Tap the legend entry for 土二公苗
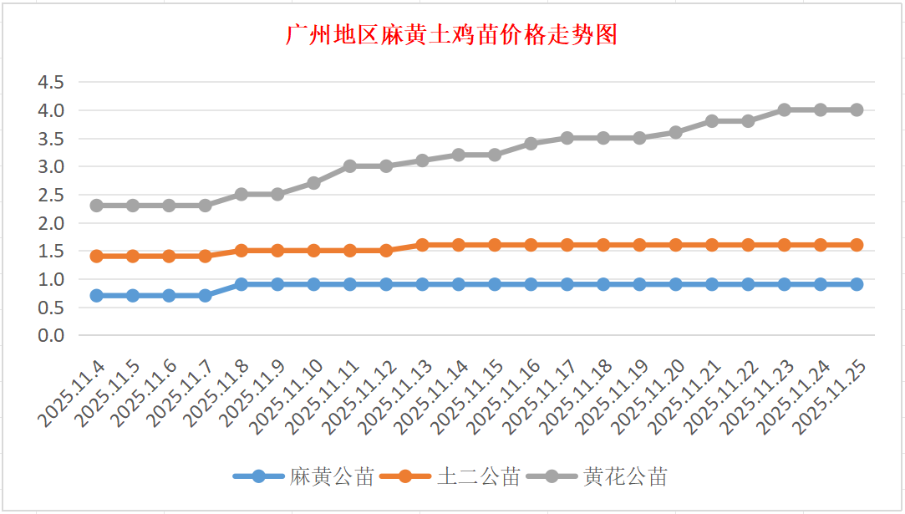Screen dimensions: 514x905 click(x=450, y=477)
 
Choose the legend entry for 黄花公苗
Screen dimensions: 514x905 click(x=597, y=477)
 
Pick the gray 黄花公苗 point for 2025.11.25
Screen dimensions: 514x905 click(x=857, y=109)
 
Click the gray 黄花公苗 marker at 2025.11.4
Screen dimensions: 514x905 click(x=96, y=205)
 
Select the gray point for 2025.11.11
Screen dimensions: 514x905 click(x=349, y=166)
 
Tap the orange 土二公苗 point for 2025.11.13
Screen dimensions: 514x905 click(x=422, y=245)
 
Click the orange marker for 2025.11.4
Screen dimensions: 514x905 click(x=96, y=256)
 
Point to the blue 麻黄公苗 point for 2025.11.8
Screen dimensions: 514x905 click(x=241, y=284)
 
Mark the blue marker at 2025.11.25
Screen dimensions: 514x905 click(x=857, y=284)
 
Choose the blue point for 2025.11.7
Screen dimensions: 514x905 click(x=205, y=295)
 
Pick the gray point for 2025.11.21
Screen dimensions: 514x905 click(x=712, y=121)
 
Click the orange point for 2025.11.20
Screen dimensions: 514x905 click(x=675, y=245)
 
